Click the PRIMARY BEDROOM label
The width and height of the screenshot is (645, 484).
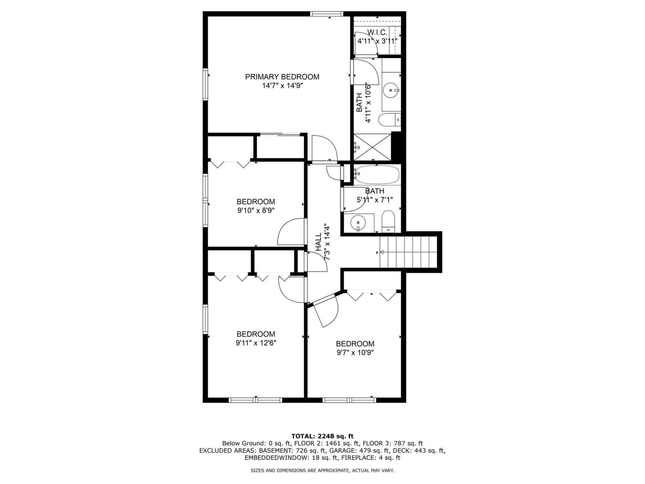(x=282, y=77)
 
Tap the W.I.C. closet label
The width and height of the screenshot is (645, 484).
(x=377, y=33)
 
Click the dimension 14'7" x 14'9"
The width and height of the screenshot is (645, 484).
(x=283, y=86)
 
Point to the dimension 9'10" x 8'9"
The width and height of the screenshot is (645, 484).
(x=256, y=211)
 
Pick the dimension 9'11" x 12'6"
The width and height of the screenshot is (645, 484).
(x=256, y=343)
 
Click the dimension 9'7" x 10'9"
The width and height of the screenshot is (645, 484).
(x=355, y=353)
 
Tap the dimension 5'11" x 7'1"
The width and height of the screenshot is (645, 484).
(x=375, y=200)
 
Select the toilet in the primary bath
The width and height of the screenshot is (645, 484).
(x=390, y=119)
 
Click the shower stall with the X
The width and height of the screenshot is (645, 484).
(x=372, y=147)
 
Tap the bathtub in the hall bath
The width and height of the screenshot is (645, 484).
(x=376, y=174)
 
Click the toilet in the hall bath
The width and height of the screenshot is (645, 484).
(x=389, y=221)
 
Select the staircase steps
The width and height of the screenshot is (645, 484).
(x=408, y=252)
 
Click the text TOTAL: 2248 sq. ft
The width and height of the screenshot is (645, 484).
(x=322, y=436)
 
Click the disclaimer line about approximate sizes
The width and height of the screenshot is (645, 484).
(x=322, y=471)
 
